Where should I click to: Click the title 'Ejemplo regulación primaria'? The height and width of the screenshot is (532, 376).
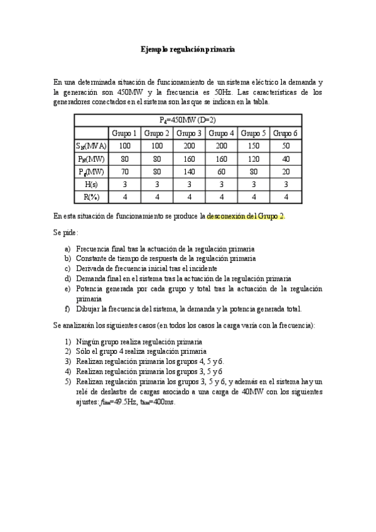(188, 48)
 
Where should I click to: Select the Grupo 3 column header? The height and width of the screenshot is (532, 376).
(188, 133)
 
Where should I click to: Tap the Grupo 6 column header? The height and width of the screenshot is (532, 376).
(286, 133)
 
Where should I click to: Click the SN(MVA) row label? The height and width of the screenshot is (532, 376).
(91, 146)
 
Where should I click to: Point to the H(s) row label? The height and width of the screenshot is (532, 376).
(91, 184)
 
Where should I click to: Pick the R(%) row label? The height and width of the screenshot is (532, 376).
(91, 197)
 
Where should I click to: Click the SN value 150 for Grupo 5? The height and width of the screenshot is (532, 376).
(253, 146)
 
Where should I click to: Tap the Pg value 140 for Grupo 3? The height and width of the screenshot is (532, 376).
(188, 171)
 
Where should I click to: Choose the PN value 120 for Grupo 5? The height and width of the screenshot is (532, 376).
(253, 159)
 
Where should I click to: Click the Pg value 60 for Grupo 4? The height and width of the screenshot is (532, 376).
(221, 171)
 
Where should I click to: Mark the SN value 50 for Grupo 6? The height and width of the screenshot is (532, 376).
(286, 146)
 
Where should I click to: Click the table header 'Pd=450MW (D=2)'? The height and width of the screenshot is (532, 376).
(188, 120)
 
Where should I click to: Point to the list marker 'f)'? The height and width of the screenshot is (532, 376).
(67, 309)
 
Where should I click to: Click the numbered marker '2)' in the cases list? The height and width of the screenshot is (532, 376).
(68, 352)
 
